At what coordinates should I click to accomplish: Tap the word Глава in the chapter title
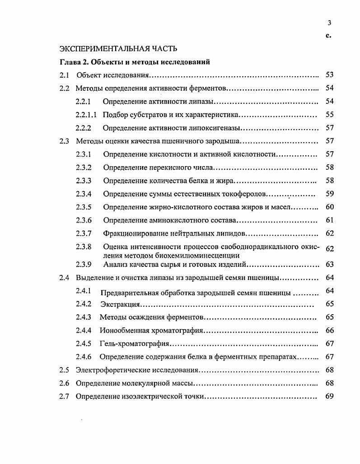70,62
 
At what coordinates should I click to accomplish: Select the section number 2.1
64,75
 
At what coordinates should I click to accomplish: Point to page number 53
329,75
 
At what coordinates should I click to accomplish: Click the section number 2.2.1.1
86,115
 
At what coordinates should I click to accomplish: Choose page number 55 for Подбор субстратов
329,115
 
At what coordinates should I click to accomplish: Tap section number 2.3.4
84,194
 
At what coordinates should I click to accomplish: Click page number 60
329,207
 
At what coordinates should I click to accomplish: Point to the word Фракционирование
132,233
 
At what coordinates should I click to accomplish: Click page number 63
329,264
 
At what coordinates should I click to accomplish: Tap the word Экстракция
120,304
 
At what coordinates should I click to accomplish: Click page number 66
329,330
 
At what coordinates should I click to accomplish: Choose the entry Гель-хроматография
134,344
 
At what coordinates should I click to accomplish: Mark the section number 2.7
64,397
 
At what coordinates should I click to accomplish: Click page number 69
329,397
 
